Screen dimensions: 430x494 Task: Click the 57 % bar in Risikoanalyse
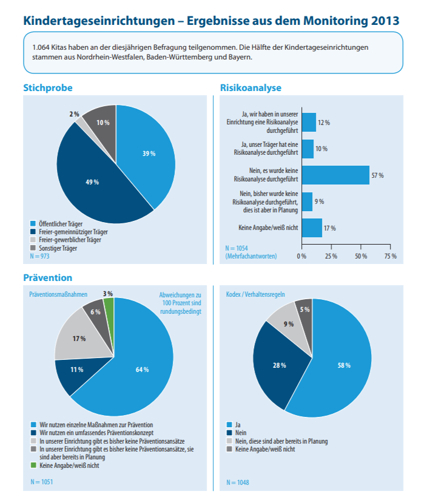tap(335, 175)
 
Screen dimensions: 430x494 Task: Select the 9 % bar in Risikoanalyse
tap(307, 201)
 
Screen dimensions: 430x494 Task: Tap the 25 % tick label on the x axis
tap(331, 256)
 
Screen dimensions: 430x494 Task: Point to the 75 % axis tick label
tap(391, 256)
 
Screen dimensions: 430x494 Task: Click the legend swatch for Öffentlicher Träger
tap(33, 224)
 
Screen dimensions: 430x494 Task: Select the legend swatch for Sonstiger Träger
tap(33, 248)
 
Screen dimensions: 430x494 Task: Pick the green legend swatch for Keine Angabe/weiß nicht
tap(33, 465)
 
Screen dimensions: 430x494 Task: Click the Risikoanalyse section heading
tap(250, 87)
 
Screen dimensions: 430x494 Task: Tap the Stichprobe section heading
tap(48, 87)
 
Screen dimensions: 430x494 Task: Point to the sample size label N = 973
tap(39, 256)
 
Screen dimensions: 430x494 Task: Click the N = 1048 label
tap(238, 482)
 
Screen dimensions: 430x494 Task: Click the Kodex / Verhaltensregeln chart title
tap(255, 294)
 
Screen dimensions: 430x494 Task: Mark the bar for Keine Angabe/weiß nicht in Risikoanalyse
tap(312, 228)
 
